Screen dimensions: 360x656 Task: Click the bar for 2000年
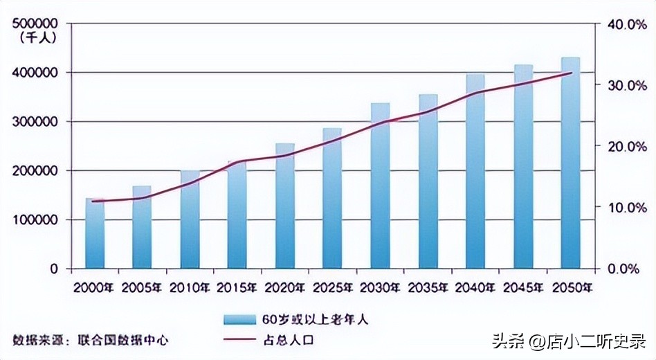coord(95,233)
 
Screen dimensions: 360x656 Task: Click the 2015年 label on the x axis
coord(237,287)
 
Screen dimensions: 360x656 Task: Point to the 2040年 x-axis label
coord(475,287)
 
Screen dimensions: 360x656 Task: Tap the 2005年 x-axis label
coord(143,287)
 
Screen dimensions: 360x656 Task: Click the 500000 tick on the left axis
coord(35,24)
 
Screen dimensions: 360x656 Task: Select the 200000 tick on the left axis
coord(35,170)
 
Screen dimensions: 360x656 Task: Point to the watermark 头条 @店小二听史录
coord(569,341)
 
